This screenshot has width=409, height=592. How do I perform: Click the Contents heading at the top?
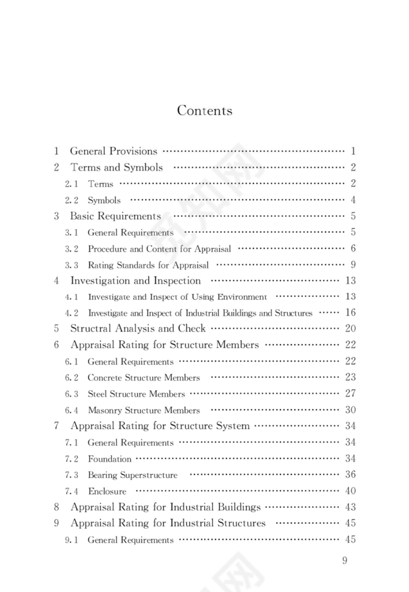tap(204, 110)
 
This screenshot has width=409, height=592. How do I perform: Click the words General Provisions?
tap(113, 151)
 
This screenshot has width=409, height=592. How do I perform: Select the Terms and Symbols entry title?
tap(116, 167)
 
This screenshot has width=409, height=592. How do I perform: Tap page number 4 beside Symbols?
tap(353, 200)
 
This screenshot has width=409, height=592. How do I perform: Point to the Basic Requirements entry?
tap(115, 216)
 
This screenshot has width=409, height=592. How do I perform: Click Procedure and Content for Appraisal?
tap(159, 249)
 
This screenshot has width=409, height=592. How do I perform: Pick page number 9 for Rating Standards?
tap(353, 264)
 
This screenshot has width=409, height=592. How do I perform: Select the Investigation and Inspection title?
tap(136, 281)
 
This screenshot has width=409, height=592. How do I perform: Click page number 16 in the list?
tap(350, 312)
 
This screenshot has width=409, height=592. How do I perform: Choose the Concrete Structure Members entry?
tap(144, 378)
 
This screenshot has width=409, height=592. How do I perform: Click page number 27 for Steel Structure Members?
tap(350, 394)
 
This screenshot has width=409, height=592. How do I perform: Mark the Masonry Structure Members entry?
tap(144, 410)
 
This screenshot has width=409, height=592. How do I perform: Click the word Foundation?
tap(109, 459)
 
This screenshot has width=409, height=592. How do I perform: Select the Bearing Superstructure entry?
tap(133, 475)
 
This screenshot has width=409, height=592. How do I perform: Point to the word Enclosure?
tap(107, 491)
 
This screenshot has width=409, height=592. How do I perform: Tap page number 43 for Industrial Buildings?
tap(350, 507)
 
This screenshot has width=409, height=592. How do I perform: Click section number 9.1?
tap(71, 540)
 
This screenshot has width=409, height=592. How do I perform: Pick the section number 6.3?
tap(71, 394)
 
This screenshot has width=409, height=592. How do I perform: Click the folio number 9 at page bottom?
tap(344, 561)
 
